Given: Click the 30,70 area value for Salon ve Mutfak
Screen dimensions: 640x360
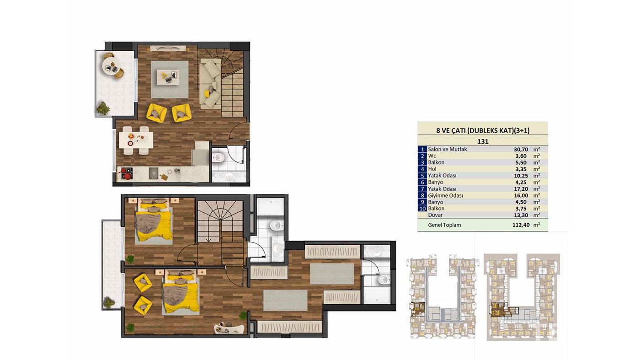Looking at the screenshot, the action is pyautogui.click(x=521, y=149).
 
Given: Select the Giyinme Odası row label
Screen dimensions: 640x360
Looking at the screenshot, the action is pyautogui.click(x=445, y=196).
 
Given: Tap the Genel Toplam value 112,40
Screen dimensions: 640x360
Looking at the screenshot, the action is pyautogui.click(x=521, y=225).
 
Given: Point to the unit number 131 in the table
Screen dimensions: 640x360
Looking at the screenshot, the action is pyautogui.click(x=483, y=141).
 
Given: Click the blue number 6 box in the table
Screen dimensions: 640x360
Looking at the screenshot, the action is pyautogui.click(x=422, y=183).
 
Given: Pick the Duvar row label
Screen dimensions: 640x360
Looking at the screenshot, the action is pyautogui.click(x=435, y=215).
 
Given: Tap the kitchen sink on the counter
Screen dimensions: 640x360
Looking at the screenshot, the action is pyautogui.click(x=154, y=173).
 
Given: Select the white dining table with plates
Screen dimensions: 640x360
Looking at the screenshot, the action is pyautogui.click(x=136, y=140).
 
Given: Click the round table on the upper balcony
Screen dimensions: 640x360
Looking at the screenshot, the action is pyautogui.click(x=111, y=66).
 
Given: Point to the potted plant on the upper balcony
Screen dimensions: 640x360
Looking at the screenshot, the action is pyautogui.click(x=103, y=108).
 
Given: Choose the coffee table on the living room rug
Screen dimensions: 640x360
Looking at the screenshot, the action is pyautogui.click(x=168, y=77).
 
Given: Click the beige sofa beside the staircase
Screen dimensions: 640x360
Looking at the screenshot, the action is pyautogui.click(x=210, y=84).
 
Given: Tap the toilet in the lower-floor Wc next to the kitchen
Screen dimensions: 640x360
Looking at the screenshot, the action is pyautogui.click(x=219, y=157).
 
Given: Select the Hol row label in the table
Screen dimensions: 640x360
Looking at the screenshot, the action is pyautogui.click(x=432, y=169).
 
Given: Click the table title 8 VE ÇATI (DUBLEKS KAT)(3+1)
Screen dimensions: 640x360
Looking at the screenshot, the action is pyautogui.click(x=483, y=130).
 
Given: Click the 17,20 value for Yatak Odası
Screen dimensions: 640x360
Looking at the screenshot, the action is pyautogui.click(x=521, y=189).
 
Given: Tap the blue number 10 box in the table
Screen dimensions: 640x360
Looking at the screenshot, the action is pyautogui.click(x=422, y=209).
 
